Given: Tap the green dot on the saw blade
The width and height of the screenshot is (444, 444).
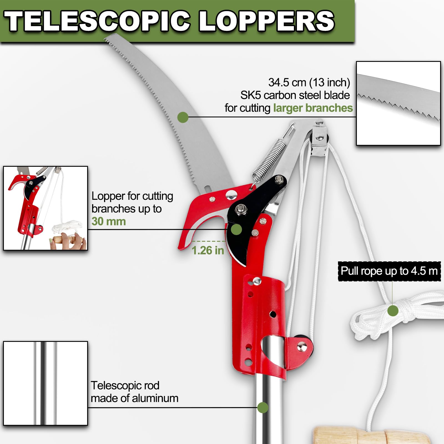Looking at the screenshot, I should [x=183, y=117].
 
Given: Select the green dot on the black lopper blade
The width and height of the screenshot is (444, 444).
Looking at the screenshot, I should [x=236, y=229].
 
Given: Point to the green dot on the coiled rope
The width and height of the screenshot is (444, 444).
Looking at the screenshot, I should [x=393, y=311].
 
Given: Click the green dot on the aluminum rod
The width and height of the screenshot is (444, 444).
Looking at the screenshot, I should [x=263, y=407].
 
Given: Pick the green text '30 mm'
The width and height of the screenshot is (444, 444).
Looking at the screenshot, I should [x=109, y=221].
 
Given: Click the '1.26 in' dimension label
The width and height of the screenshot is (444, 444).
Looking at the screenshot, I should [x=208, y=250].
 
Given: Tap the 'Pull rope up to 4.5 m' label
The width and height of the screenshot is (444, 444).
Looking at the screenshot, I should [x=389, y=271].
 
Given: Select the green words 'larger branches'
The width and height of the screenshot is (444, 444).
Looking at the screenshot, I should [x=313, y=108].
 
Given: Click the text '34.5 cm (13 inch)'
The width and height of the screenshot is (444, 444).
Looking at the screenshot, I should [x=309, y=82].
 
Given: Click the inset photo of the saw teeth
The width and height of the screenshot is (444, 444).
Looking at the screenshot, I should [x=398, y=103].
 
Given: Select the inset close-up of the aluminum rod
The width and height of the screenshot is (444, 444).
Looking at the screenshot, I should [x=45, y=383].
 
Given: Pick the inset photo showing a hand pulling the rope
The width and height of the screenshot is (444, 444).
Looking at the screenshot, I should [x=45, y=208].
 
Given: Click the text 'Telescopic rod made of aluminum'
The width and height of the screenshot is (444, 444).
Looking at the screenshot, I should [x=134, y=392].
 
